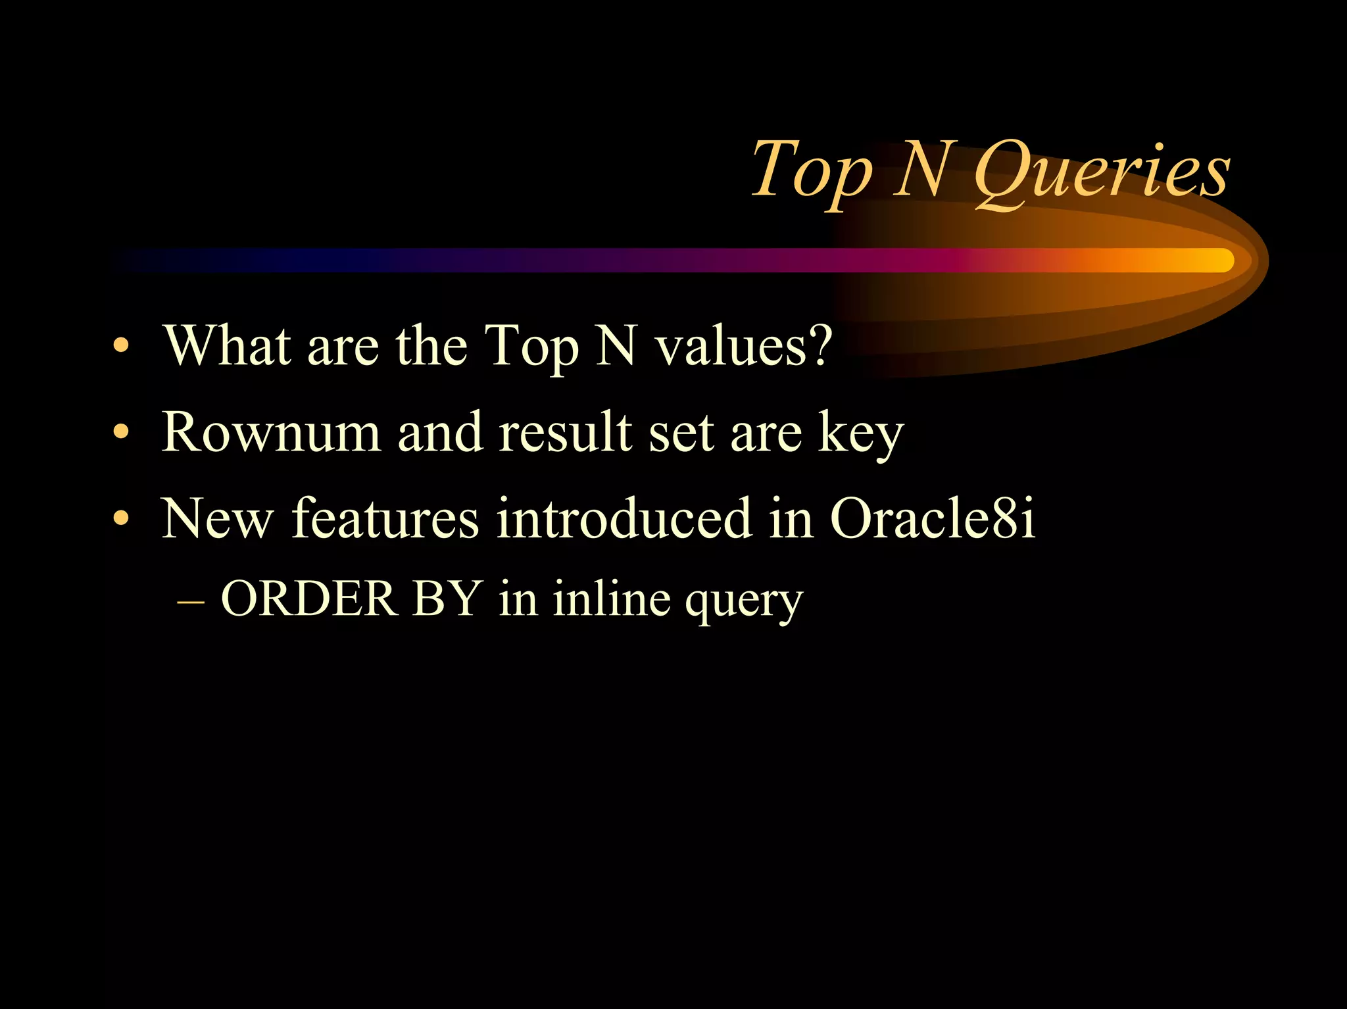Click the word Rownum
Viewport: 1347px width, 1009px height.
point(271,432)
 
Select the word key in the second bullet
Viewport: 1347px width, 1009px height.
point(861,435)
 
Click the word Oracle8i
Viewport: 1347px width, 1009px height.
point(933,518)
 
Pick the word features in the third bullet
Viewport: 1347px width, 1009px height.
point(385,518)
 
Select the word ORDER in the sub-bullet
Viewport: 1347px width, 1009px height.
point(309,599)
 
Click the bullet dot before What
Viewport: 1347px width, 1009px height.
point(120,346)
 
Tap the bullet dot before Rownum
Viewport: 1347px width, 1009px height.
point(120,433)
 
